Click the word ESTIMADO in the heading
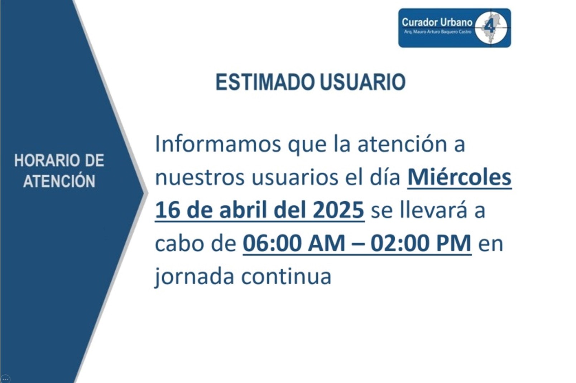point(265,82)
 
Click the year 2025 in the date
point(339,210)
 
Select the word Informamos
point(218,144)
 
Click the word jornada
point(194,277)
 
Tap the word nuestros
point(200,178)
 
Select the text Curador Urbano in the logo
point(437,22)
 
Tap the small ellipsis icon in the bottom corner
point(5,379)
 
